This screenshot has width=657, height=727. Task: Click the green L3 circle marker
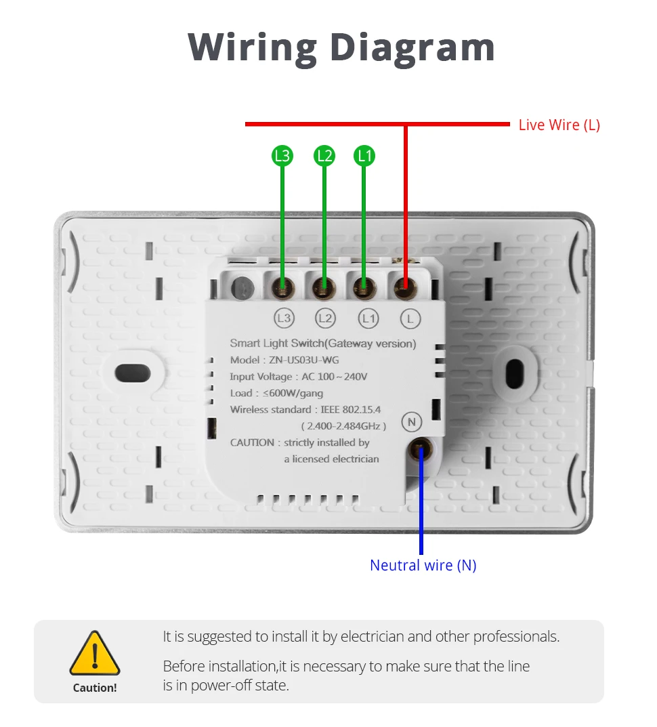[282, 156]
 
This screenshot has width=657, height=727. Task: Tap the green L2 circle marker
[324, 156]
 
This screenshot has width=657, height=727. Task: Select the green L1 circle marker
[364, 156]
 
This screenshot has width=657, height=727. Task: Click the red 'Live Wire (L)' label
[559, 125]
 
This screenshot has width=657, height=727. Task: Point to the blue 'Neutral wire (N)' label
[423, 565]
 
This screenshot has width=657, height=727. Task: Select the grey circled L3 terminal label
[284, 317]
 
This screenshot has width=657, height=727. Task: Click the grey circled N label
[411, 421]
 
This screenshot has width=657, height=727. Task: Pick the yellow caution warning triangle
[95, 654]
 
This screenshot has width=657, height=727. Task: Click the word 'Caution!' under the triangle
[95, 688]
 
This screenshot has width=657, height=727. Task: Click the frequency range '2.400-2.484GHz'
[343, 426]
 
